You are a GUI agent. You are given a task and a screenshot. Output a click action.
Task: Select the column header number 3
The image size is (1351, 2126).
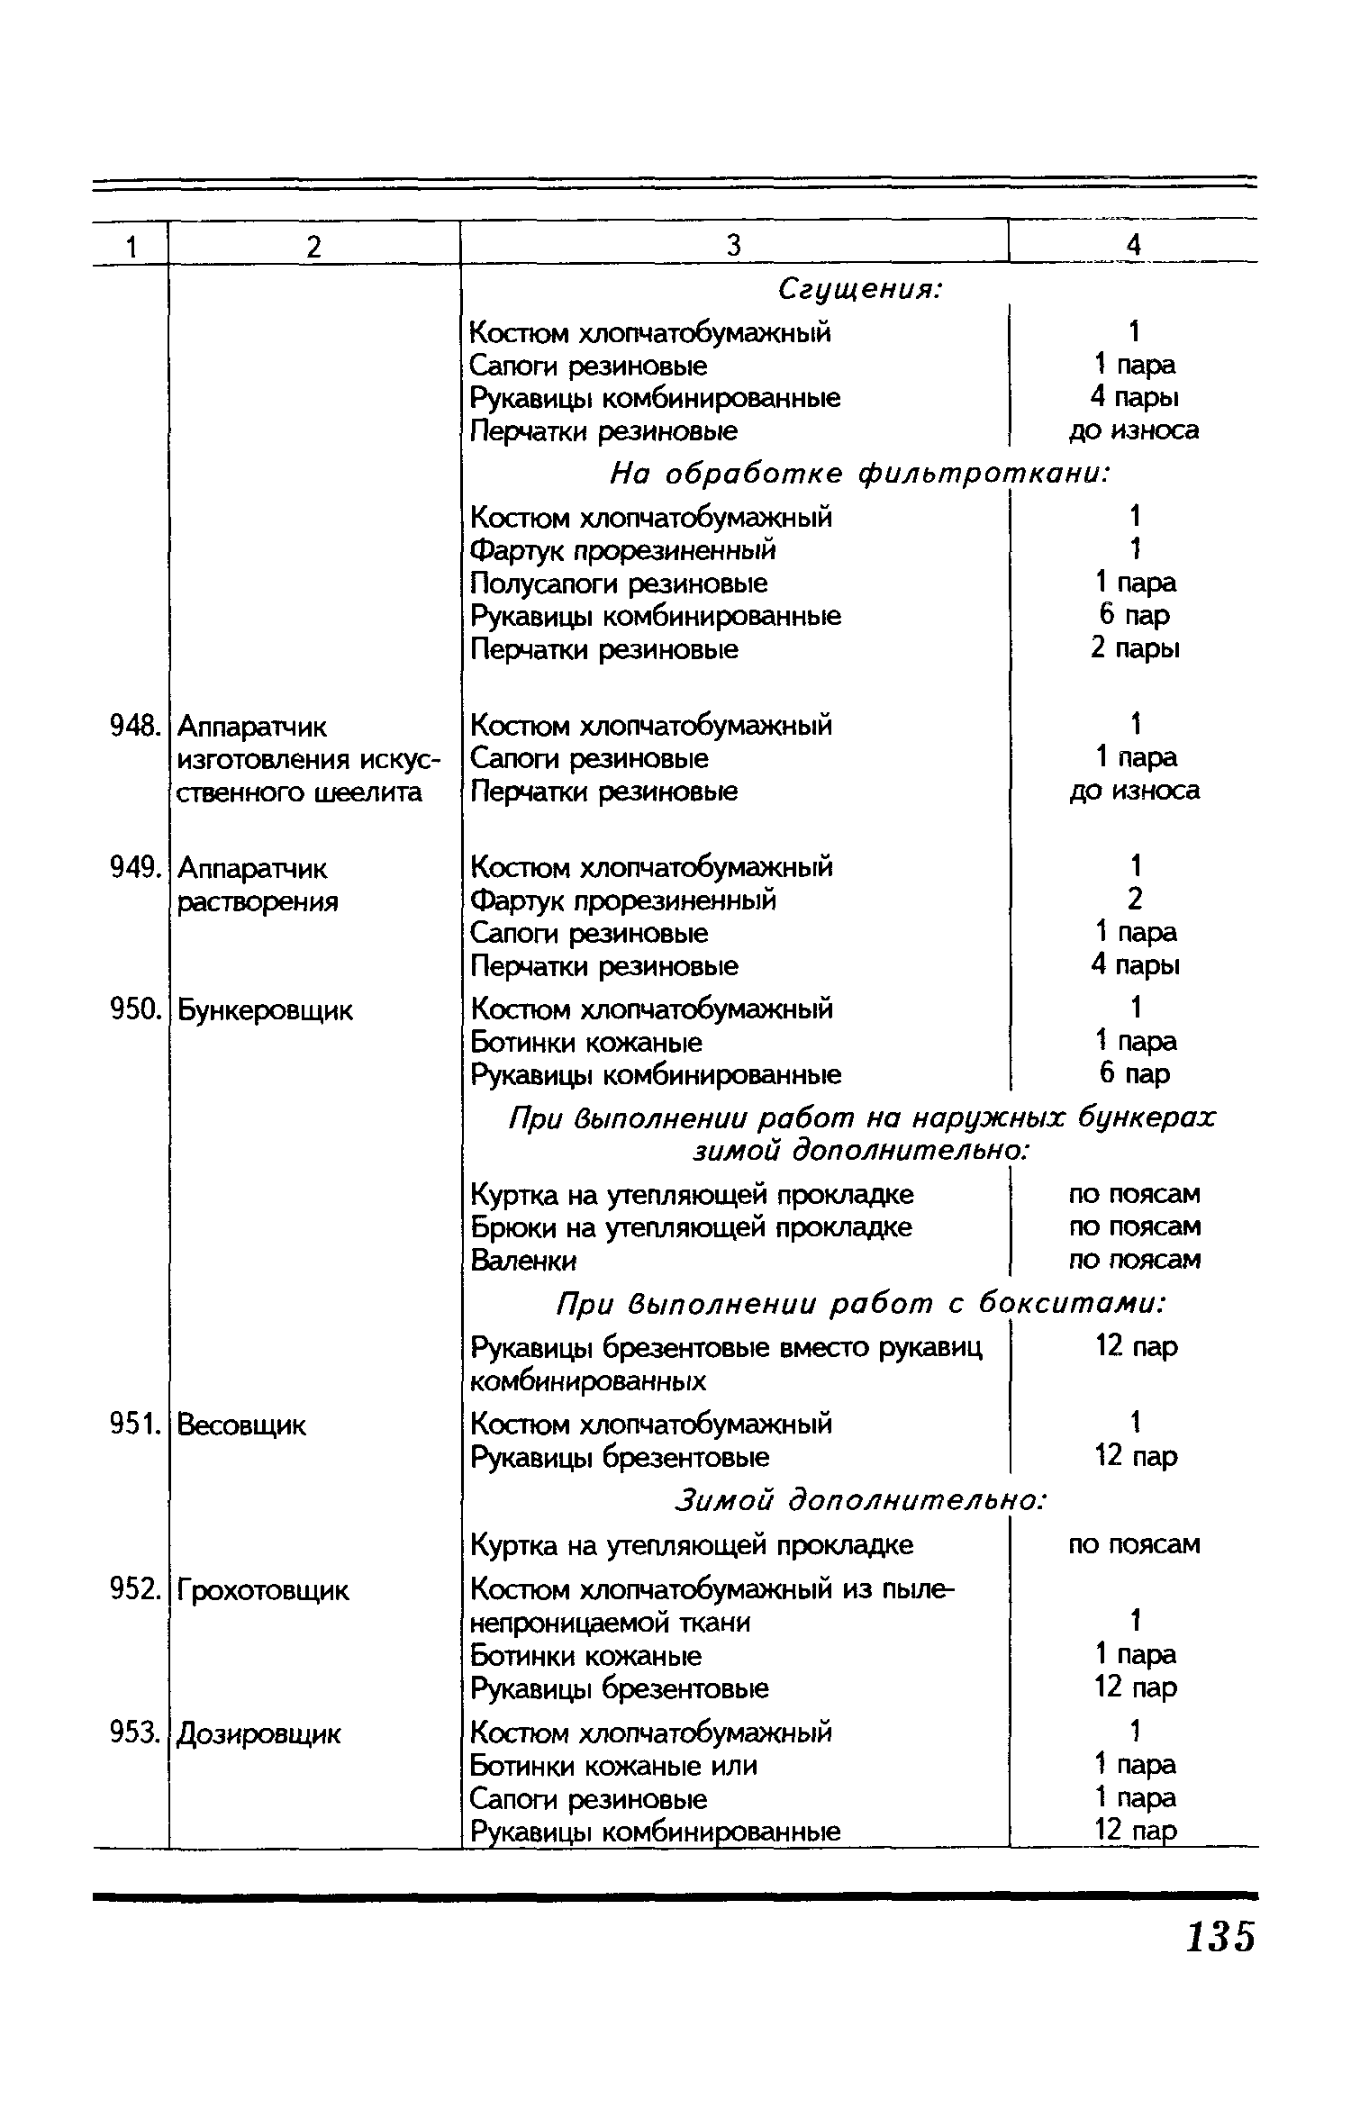733,245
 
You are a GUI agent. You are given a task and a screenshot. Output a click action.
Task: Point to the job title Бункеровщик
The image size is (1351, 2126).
265,1010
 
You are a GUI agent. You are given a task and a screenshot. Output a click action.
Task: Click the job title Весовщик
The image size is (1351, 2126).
241,1425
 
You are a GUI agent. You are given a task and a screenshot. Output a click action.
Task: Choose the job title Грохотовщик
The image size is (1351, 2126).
262,1591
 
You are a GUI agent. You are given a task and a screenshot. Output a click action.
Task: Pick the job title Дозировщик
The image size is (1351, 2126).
259,1733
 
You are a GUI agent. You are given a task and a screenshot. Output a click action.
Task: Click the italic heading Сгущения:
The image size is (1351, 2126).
859,290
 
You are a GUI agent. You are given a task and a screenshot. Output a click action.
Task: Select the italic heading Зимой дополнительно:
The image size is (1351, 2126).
860,1500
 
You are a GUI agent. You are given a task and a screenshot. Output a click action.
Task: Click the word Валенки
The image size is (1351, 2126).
523,1261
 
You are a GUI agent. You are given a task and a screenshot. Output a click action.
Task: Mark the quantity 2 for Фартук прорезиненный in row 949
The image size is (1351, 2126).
1135,900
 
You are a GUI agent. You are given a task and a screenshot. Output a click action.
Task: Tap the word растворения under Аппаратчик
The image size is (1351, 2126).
258,902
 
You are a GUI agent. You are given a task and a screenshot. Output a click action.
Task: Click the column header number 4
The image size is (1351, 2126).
1134,245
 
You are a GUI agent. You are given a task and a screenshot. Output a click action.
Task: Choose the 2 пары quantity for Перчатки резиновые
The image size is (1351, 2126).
1135,648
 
